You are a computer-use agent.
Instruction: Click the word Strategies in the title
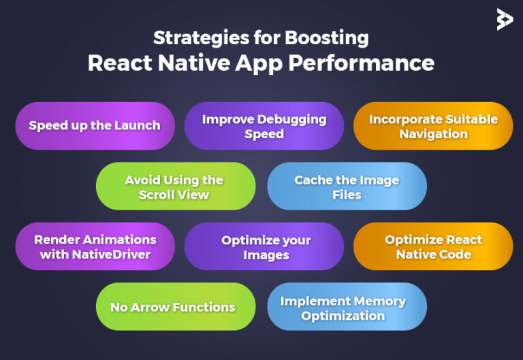201,38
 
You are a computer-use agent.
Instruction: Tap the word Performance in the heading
361,63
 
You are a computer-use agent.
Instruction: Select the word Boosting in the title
327,38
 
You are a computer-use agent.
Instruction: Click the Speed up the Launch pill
95,126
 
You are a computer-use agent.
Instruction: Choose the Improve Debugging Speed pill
264,126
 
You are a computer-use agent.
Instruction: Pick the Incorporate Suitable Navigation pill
433,126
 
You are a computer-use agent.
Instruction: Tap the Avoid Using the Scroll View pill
176,186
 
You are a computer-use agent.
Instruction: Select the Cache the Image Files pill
347,186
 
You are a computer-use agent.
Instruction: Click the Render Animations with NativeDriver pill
95,246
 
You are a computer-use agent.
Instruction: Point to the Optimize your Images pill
264,246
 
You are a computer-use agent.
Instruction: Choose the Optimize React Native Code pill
433,246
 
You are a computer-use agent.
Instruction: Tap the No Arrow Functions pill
176,307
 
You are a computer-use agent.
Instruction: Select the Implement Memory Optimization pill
347,307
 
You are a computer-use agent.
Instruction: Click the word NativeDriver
111,255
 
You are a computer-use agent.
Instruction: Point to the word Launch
137,126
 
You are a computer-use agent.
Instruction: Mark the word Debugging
292,120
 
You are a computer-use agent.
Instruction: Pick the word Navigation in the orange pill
434,134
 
